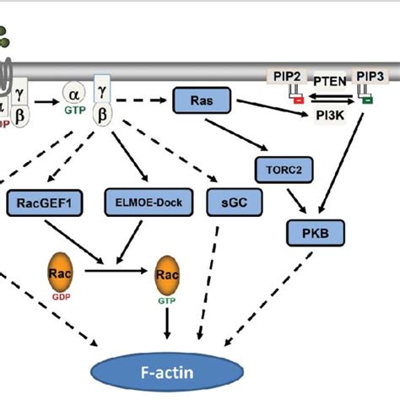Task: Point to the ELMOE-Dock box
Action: (x=148, y=203)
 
